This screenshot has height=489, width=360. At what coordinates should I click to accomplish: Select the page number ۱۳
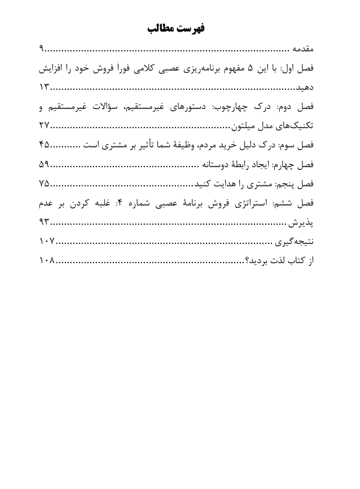tap(45, 88)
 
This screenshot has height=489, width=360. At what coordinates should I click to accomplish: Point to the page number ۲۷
tap(45, 126)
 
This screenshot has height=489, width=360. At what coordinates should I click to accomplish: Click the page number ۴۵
tap(45, 145)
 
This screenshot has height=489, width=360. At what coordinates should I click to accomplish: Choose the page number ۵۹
tap(45, 164)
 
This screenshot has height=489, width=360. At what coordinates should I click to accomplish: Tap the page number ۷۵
tap(45, 184)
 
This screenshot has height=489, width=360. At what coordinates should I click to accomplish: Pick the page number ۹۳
tap(45, 222)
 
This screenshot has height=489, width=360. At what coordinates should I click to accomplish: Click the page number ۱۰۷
tap(47, 242)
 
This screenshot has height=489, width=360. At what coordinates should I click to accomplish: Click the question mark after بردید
tap(247, 261)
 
